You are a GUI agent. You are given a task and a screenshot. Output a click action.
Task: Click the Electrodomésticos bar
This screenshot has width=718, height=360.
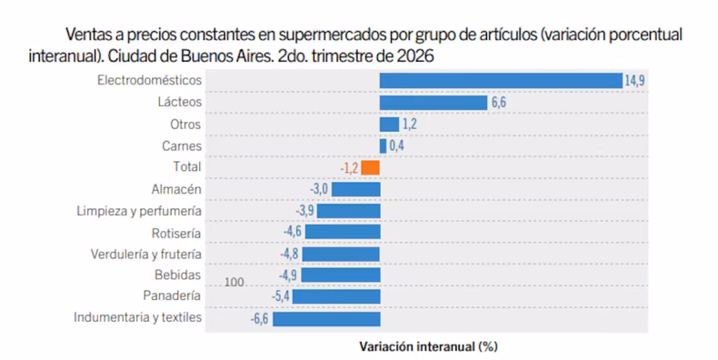click(x=501, y=81)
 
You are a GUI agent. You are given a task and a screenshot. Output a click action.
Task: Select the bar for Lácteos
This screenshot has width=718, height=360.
click(x=434, y=103)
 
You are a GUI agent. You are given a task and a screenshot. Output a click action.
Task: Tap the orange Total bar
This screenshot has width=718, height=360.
click(x=370, y=167)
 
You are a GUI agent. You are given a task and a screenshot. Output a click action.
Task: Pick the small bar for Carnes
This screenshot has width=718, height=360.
click(x=383, y=146)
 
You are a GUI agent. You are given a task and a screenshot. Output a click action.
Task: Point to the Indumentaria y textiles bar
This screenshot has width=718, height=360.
click(x=326, y=319)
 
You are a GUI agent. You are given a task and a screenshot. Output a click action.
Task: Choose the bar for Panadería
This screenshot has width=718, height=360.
click(x=336, y=296)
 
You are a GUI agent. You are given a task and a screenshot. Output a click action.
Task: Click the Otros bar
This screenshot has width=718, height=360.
click(x=389, y=125)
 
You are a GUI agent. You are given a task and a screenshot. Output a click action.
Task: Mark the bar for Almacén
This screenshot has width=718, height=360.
click(x=355, y=189)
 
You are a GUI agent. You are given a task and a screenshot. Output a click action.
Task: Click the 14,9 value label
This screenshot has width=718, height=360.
click(x=634, y=81)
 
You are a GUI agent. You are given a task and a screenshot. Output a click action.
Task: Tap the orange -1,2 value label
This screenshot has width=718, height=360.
click(x=349, y=168)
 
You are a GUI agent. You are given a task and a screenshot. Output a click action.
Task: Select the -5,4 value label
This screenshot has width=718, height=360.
click(x=280, y=296)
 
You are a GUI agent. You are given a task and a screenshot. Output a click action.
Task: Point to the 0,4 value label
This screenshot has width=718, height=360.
click(x=396, y=146)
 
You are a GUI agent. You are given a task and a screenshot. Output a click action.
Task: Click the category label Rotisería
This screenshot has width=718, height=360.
click(x=176, y=234)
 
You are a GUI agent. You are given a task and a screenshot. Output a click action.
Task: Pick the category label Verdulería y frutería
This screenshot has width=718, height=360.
click(x=146, y=255)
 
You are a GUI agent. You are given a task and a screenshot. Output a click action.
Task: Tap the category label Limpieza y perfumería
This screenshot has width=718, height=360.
click(x=139, y=211)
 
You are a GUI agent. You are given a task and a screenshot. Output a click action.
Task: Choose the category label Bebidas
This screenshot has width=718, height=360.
click(x=177, y=275)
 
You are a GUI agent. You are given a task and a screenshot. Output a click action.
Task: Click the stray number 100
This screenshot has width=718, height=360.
click(x=234, y=282)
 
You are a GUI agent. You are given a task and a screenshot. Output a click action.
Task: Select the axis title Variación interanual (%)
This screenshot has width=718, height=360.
click(x=428, y=346)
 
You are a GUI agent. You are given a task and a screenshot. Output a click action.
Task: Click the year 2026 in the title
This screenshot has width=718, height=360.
click(x=414, y=55)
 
